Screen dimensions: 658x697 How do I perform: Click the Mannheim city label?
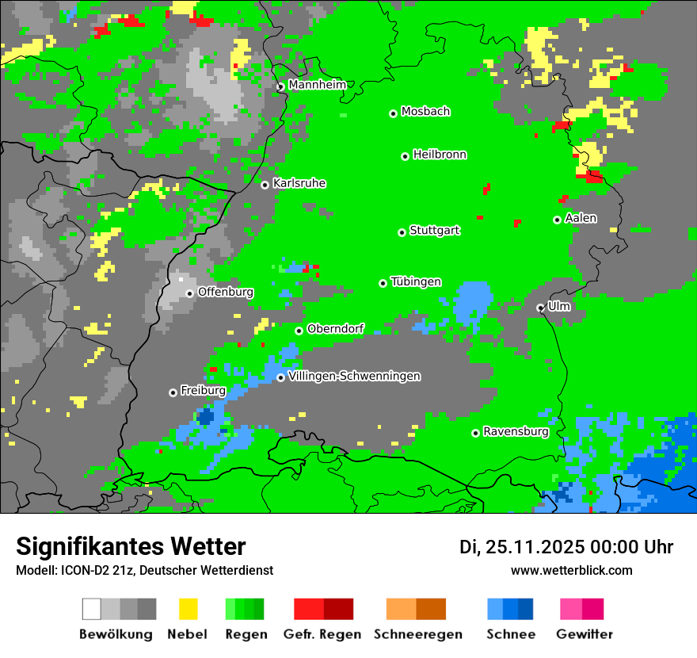(x=317, y=85)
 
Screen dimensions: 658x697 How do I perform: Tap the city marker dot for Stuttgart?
(x=402, y=232)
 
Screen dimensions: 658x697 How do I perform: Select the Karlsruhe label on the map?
(x=299, y=183)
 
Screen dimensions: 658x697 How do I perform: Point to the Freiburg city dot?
(x=173, y=392)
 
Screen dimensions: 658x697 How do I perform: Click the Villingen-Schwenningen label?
(x=354, y=377)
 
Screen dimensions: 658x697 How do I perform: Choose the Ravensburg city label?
(x=516, y=432)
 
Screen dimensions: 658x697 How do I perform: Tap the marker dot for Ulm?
(x=540, y=308)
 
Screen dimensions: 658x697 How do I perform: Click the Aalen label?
(x=581, y=218)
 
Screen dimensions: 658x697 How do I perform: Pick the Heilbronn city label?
(x=440, y=155)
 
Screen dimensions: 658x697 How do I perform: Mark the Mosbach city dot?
(x=393, y=113)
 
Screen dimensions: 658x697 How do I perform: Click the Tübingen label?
(x=416, y=282)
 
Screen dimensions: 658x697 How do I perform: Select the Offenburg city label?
(x=225, y=292)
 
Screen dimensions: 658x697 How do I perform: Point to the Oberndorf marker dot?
(x=299, y=331)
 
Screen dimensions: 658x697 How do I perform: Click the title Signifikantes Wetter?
(x=131, y=546)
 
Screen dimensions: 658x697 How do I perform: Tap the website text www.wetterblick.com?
(x=571, y=570)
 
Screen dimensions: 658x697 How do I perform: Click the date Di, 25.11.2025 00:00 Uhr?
(x=566, y=547)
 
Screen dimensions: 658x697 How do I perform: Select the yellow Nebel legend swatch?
(x=188, y=609)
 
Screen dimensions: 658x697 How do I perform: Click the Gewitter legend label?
(x=585, y=634)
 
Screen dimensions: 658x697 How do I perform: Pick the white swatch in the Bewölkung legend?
(x=92, y=609)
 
